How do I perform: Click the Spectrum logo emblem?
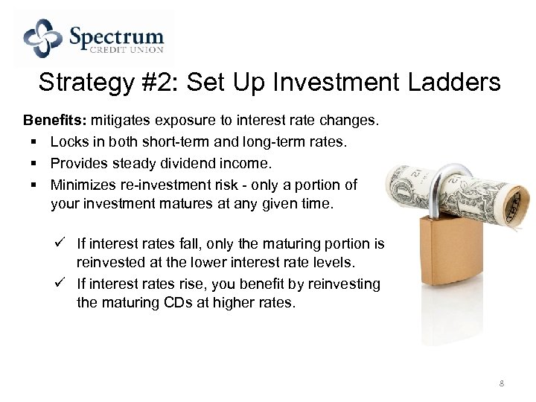pyautogui.click(x=42, y=38)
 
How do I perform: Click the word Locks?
pyautogui.click(x=68, y=141)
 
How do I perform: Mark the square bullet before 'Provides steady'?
pyautogui.click(x=35, y=163)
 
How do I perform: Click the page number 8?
pyautogui.click(x=502, y=383)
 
